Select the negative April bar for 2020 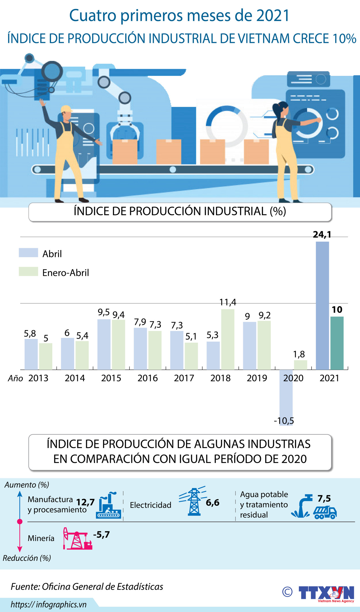coord(286,396)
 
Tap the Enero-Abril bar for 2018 coord(228,339)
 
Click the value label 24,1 coord(322,235)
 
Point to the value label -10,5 coord(284,421)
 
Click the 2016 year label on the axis coord(148,378)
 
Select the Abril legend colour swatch coord(28,253)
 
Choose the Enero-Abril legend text coord(66,273)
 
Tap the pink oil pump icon coord(77,539)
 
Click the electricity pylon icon coord(194,502)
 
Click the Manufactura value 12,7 coord(86,502)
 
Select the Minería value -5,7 coord(101,534)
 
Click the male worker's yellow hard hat coord(66,108)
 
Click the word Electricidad coord(150,505)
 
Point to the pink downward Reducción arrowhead coord(20,549)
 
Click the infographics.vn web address coord(48,605)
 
